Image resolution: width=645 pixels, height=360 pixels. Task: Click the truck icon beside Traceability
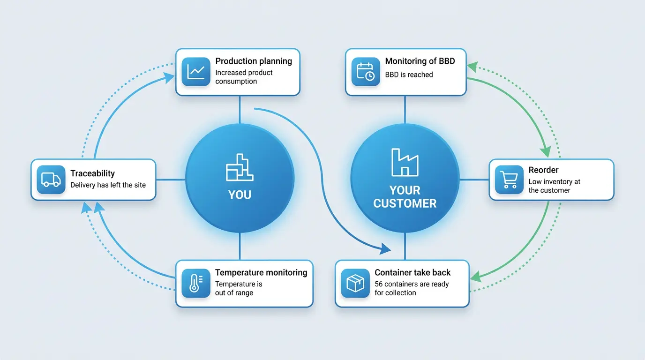tap(51, 180)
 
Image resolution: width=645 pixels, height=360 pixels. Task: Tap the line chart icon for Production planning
tap(196, 71)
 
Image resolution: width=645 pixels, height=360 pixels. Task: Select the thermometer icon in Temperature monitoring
tap(196, 283)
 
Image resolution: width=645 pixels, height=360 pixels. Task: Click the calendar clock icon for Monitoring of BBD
tap(366, 71)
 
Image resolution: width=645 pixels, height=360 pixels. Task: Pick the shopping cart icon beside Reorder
tap(509, 180)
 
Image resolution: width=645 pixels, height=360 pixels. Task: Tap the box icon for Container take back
tap(355, 283)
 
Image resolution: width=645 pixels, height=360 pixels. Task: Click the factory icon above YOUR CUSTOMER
tap(405, 162)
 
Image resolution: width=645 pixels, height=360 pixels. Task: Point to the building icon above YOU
tap(240, 167)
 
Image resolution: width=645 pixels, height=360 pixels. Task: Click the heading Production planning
tap(254, 61)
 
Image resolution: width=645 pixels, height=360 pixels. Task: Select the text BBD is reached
tap(409, 75)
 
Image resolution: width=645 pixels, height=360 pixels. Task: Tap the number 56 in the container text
tap(379, 284)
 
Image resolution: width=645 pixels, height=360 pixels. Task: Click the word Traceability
tap(92, 173)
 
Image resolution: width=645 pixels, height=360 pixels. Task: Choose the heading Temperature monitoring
tap(261, 272)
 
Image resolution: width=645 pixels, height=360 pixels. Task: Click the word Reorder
tap(543, 170)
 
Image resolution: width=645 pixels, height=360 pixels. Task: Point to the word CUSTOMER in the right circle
tap(405, 203)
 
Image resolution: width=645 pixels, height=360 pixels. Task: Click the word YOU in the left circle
tap(240, 195)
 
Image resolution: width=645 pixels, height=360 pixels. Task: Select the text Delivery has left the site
tap(108, 185)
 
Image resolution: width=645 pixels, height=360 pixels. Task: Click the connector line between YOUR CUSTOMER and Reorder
tap(474, 180)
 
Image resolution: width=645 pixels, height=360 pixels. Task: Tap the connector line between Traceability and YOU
tap(171, 180)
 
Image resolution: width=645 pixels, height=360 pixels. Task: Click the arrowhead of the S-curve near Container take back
tap(385, 248)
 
